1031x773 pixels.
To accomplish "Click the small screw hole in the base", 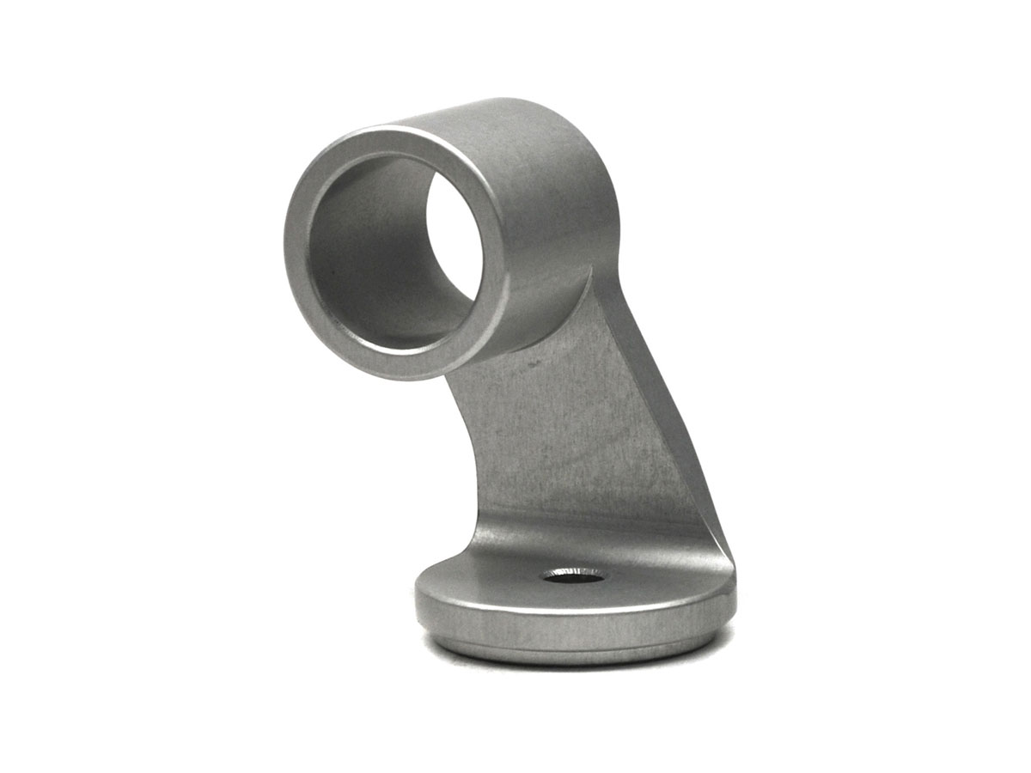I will click(572, 575).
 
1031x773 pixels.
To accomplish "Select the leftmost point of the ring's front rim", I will click(286, 249).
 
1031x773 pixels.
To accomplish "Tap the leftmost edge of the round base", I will click(416, 597).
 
